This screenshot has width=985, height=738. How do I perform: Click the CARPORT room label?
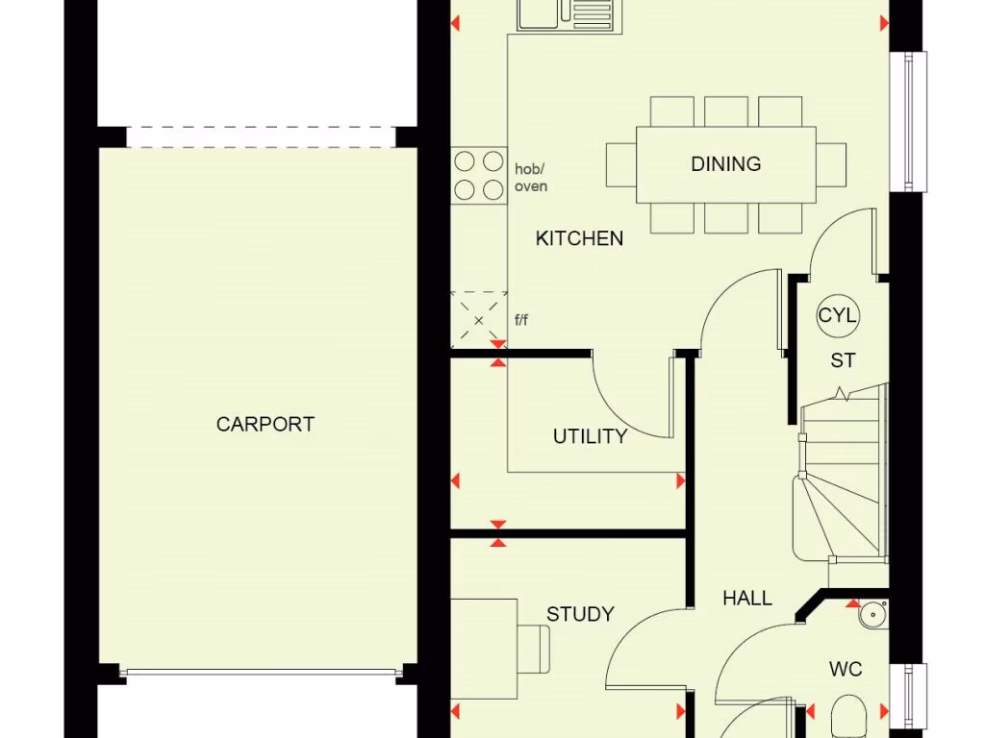(x=265, y=424)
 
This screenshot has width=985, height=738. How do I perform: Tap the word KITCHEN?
(x=579, y=238)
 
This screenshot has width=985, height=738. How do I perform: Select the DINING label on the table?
(x=726, y=163)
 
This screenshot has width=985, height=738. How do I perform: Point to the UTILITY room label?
(x=590, y=436)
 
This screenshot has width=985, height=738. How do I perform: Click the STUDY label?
(x=580, y=614)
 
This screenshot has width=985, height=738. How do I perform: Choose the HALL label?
(x=747, y=598)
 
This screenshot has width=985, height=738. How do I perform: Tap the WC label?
(x=846, y=669)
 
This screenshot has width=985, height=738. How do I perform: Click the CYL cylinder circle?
(x=838, y=315)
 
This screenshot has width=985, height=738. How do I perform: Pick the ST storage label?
(x=843, y=361)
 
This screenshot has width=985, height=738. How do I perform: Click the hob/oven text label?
(x=531, y=178)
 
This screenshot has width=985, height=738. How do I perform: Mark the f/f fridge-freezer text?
(x=521, y=320)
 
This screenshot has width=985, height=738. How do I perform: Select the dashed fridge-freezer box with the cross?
(x=479, y=319)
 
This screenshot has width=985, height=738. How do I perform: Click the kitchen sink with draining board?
(x=569, y=15)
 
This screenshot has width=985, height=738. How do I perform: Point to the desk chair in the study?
(x=533, y=649)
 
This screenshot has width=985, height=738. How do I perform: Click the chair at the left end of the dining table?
(x=621, y=165)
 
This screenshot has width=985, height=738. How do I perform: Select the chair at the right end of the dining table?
(x=831, y=165)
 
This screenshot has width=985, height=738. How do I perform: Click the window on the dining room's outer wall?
(x=908, y=121)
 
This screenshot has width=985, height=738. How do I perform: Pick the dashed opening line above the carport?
(x=262, y=137)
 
